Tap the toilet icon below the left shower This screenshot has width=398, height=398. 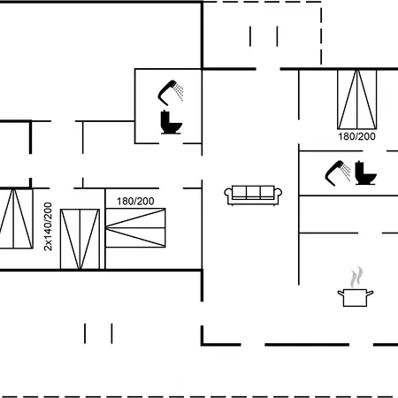pos(171,122)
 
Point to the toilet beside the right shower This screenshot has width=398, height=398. pos(365,173)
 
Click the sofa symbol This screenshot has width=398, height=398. pos(253,195)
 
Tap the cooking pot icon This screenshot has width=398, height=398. pos(356,298)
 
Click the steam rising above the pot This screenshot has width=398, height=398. pos(356,277)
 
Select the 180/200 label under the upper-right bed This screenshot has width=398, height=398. pos(356,136)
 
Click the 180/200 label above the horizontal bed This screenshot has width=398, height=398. pos(135,202)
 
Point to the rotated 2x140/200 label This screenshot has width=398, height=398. pos(48,226)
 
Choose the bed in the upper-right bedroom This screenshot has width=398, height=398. pos(356,99)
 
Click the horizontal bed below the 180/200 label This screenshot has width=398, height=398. pos(135,228)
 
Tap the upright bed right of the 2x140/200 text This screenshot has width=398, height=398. pos(80,239)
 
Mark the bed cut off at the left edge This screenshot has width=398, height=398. pos(15,218)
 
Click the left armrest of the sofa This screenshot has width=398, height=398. pos(228,195)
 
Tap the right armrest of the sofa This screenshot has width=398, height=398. pos(278,195)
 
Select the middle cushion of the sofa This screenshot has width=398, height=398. pos(253,192)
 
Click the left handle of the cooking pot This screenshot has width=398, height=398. pos(341,294)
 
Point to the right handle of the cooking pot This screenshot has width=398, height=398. pos(370,294)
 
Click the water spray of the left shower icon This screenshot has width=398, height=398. pos(179,91)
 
